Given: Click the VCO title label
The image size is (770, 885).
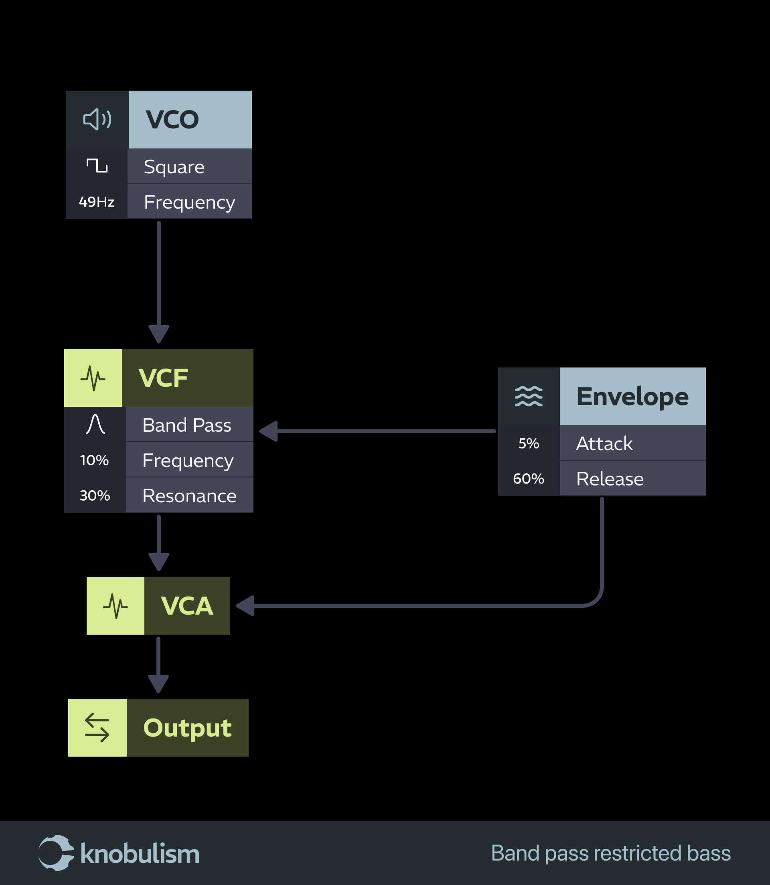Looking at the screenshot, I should click(x=172, y=120).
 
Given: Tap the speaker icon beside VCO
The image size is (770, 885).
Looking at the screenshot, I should click(x=97, y=120).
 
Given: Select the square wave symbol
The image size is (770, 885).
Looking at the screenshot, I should click(x=97, y=165).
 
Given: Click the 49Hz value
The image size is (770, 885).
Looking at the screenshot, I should click(x=97, y=201).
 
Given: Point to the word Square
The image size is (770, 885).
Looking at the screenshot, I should click(x=174, y=167).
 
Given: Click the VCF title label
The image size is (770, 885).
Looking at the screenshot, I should click(x=163, y=378).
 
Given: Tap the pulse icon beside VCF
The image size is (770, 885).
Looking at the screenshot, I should click(x=93, y=378).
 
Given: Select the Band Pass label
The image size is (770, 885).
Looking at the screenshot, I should click(x=186, y=425).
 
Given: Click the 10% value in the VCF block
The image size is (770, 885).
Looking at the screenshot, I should click(x=95, y=460).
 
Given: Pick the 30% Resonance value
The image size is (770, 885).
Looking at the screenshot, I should click(x=95, y=495).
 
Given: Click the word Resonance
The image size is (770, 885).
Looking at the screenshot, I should click(x=189, y=496).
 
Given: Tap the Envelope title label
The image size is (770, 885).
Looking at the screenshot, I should click(x=632, y=396).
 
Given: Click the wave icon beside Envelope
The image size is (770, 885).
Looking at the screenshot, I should click(x=529, y=396).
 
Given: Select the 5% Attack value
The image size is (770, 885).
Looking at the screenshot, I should click(x=529, y=443).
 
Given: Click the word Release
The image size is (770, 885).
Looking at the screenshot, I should click(x=610, y=479).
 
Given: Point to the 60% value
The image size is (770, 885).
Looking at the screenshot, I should click(x=529, y=478).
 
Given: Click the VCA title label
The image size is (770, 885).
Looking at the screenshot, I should click(x=187, y=606).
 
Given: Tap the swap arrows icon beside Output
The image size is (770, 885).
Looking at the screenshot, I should click(x=97, y=728).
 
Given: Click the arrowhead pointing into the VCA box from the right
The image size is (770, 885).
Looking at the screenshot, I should click(x=245, y=606).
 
